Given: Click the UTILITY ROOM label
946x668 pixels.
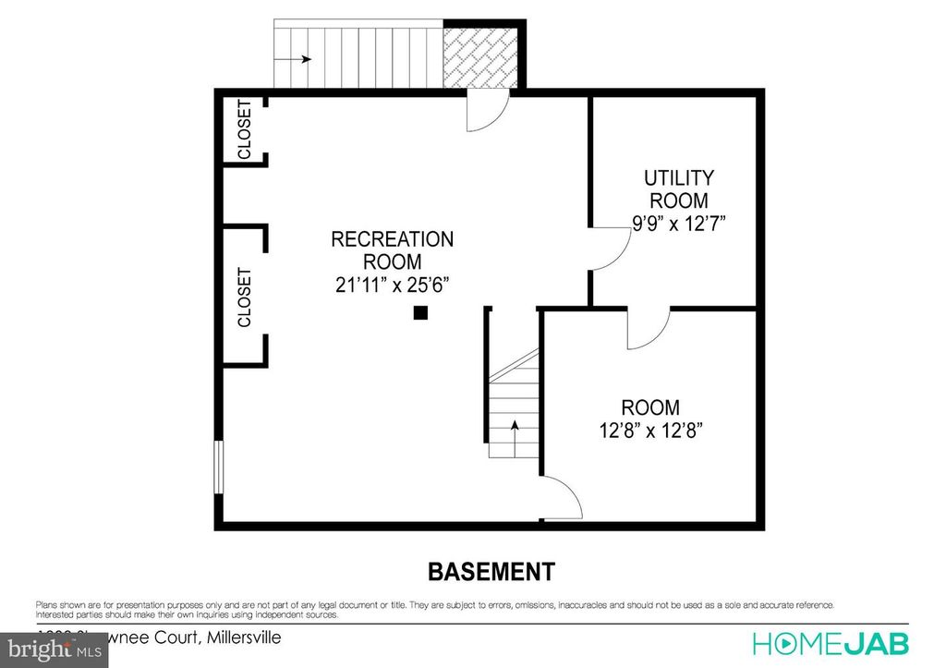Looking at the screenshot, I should click(679, 188).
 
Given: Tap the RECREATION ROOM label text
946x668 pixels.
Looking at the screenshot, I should click(393, 250).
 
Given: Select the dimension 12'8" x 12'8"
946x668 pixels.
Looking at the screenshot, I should click(650, 431).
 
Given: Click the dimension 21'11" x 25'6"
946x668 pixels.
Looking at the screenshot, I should click(393, 285).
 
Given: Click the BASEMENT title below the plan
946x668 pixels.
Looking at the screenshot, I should click(491, 572).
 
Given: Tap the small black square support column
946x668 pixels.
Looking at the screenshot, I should click(420, 313).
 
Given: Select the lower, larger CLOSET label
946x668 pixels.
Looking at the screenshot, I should click(245, 298).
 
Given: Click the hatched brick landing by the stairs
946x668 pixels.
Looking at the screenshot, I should click(479, 56).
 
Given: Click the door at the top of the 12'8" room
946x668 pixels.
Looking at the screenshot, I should click(648, 330).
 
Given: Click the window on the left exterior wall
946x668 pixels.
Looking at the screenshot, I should click(219, 467).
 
